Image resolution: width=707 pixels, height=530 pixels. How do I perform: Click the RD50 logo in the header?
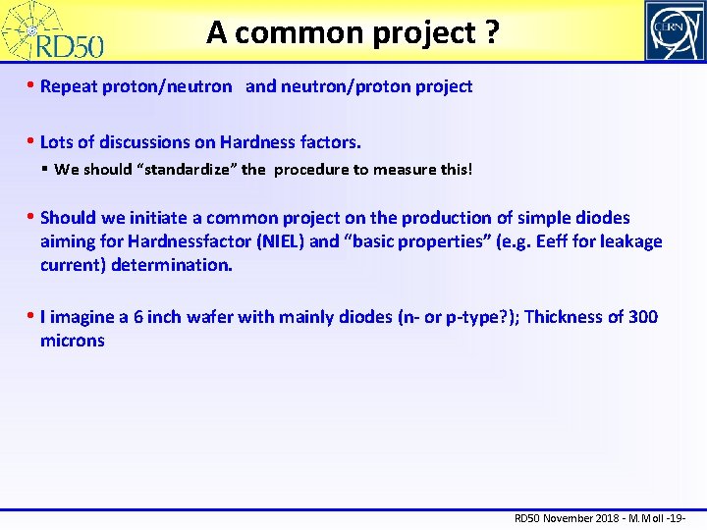54,31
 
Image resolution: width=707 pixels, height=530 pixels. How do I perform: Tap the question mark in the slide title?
488,32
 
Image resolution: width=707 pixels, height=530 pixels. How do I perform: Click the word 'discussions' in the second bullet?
142,143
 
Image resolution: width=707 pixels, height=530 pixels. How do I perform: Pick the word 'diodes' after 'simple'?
599,218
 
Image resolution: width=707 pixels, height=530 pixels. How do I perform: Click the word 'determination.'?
172,265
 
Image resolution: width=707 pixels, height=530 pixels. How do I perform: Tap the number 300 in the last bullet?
643,317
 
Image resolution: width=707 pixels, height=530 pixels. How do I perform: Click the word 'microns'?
72,341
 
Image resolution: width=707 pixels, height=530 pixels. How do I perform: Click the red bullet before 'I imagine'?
32,317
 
